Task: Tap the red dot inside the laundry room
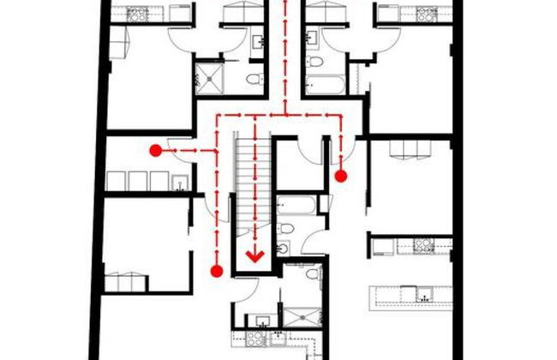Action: pos(155,150)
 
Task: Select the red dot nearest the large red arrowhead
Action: pos(217,271)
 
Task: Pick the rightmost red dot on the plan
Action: pos(340,177)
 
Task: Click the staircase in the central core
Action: pos(247,197)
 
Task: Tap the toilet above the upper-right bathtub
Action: pos(315,62)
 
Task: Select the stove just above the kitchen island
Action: pos(422,246)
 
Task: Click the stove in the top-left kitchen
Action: pos(138,14)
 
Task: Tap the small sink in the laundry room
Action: pos(180,182)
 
